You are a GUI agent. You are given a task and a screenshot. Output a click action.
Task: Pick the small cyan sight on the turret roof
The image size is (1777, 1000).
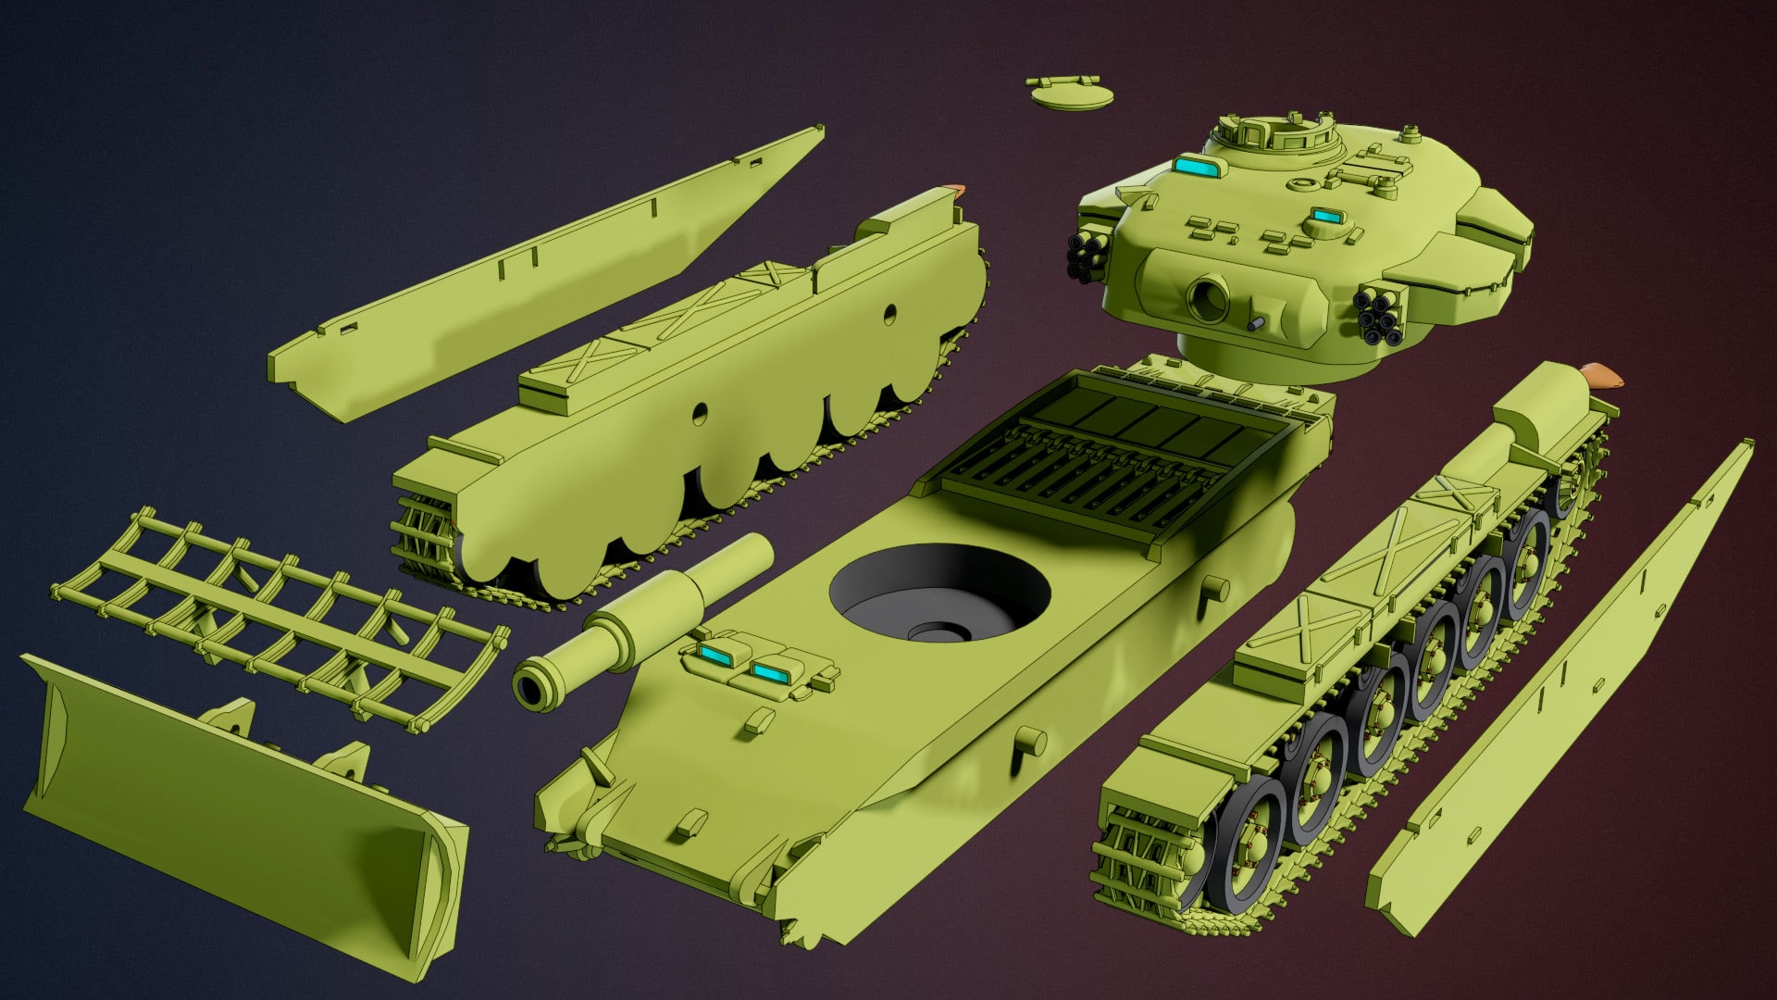point(1325,217)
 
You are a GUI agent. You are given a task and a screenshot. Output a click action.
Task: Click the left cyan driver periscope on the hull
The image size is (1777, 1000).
point(714,656)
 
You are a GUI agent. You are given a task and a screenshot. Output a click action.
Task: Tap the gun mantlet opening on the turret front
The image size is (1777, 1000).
point(1206,298)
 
